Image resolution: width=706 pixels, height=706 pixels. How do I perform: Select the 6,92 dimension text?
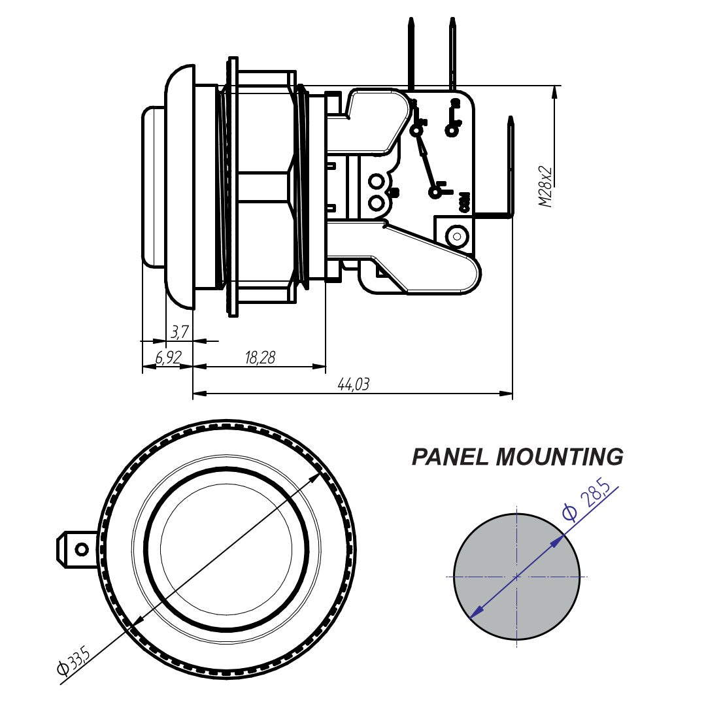[167, 358]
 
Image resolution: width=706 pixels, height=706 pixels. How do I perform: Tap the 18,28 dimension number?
[260, 358]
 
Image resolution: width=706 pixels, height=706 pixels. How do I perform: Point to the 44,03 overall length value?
[353, 384]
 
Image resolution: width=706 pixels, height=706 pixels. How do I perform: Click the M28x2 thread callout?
[546, 187]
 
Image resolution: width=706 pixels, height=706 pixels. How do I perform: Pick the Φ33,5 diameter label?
[73, 662]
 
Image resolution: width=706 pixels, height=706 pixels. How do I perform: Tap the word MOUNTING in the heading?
[560, 457]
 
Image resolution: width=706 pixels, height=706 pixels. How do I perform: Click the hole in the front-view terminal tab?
[82, 549]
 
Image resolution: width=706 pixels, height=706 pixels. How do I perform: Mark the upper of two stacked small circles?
[377, 181]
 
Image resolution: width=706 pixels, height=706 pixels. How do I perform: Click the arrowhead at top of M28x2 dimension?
[555, 92]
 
